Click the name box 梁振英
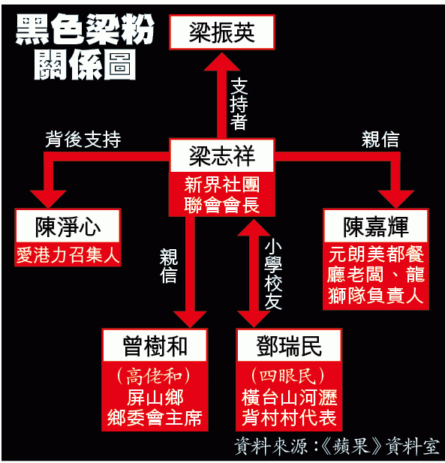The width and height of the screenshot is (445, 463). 222,32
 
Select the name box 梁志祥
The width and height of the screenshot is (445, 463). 222,155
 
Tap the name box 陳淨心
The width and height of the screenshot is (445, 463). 68,226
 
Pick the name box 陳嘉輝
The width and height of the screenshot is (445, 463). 376,226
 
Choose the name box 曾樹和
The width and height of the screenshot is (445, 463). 155,345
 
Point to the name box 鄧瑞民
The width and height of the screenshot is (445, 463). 289,345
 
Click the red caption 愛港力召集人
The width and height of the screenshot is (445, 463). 68,255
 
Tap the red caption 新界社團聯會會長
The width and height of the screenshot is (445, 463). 222,195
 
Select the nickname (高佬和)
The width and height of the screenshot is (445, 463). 154,376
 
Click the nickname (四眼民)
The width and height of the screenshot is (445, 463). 288,376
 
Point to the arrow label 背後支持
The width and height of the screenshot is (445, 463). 83,139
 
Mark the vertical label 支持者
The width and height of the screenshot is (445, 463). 239,104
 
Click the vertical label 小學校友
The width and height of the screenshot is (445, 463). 273,275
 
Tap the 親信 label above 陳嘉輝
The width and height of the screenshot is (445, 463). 380,139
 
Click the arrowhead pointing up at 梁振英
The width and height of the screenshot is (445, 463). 222,62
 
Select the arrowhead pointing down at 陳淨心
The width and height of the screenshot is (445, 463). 48,200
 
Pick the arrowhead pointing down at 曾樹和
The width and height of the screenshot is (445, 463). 190,319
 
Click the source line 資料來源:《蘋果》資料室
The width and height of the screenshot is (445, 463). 337,446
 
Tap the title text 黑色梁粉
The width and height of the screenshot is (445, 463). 85,29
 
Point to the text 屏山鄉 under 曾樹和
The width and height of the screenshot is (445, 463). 155,397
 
